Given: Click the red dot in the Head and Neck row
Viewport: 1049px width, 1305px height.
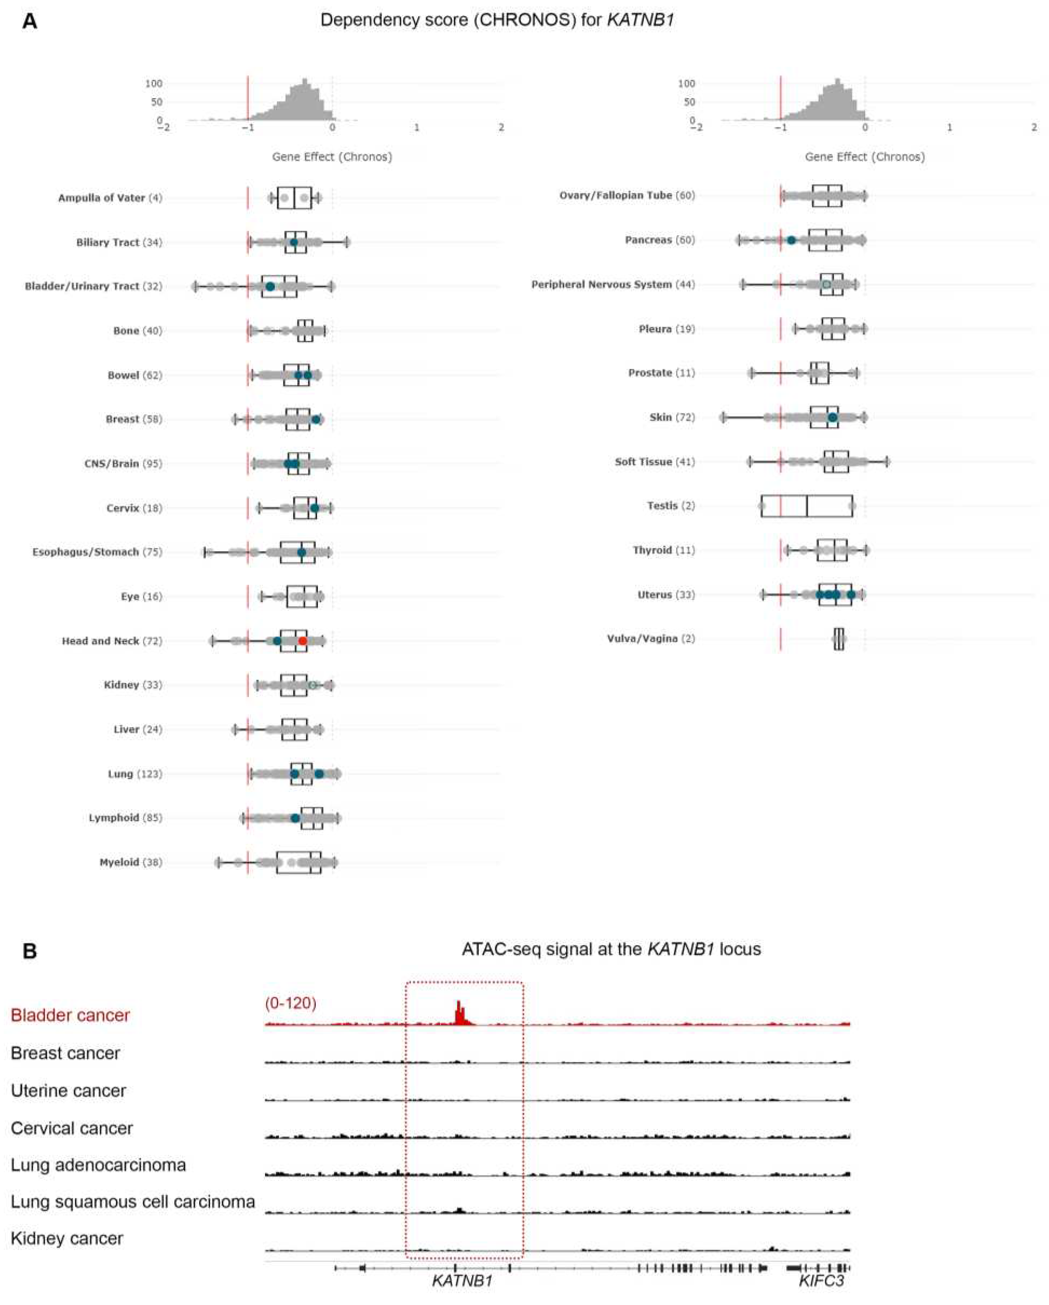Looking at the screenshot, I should pyautogui.click(x=303, y=640).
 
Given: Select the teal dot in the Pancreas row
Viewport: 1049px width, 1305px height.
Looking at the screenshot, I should pyautogui.click(x=791, y=240).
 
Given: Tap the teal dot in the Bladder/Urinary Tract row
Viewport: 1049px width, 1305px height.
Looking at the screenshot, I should pyautogui.click(x=270, y=286).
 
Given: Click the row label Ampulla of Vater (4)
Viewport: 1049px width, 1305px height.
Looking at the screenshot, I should pyautogui.click(x=110, y=198).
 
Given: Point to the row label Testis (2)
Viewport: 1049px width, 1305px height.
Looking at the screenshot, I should pyautogui.click(x=670, y=505).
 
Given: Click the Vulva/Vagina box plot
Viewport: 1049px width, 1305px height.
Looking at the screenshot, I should pyautogui.click(x=838, y=638).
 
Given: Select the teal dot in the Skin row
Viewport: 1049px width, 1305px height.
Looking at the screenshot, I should pyautogui.click(x=832, y=418).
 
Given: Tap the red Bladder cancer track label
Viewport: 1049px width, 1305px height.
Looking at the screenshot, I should pyautogui.click(x=70, y=1015).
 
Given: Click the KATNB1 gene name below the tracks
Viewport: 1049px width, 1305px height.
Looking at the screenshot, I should pyautogui.click(x=462, y=1280).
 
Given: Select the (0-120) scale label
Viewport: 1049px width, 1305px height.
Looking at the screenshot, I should pyautogui.click(x=291, y=1003).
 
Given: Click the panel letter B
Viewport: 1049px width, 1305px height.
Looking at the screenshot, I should pyautogui.click(x=29, y=952).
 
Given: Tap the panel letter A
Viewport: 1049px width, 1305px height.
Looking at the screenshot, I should pyautogui.click(x=29, y=22).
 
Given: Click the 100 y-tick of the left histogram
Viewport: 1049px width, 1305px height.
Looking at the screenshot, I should pyautogui.click(x=154, y=83).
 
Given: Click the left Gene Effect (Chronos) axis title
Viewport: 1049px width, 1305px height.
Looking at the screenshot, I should pyautogui.click(x=332, y=157).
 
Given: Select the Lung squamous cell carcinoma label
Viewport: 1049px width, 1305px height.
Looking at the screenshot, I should pyautogui.click(x=133, y=1201).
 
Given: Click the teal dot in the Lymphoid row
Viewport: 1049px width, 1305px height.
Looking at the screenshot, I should pyautogui.click(x=295, y=818).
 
